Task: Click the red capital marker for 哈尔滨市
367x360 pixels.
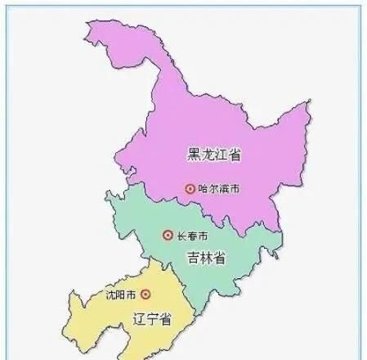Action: click(x=190, y=188)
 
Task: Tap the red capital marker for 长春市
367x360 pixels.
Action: click(x=168, y=236)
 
